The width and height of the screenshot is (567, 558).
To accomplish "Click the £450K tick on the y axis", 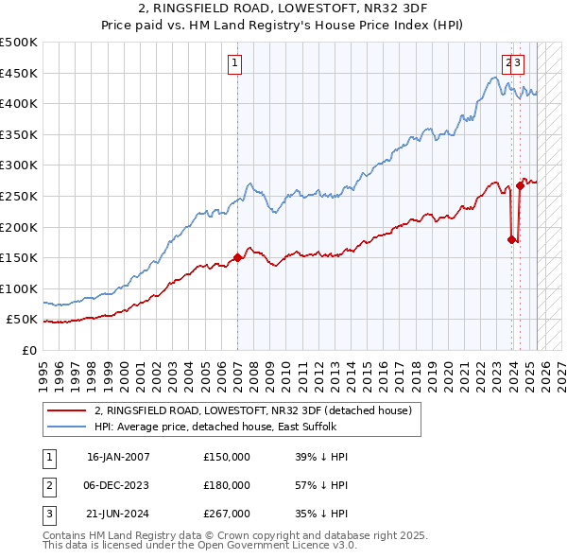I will [x=19, y=73].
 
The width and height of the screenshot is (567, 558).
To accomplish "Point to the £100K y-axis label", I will [x=19, y=288].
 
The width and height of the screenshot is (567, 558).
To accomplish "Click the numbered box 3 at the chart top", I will [x=520, y=63].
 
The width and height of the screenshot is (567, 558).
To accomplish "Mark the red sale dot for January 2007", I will [x=237, y=257].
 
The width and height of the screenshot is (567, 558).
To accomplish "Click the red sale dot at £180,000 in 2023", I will [x=511, y=239].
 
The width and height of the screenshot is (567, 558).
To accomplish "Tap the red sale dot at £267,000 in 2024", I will [x=520, y=185].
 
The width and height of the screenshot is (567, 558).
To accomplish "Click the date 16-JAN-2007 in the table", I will [x=118, y=457].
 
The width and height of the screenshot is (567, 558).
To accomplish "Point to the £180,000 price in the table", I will [x=227, y=485].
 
